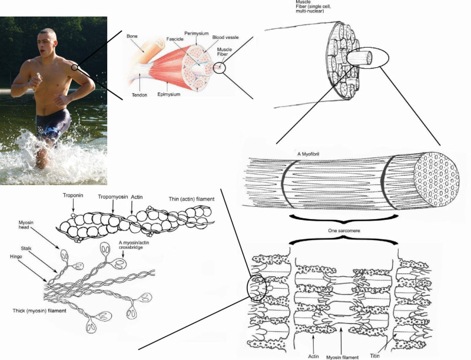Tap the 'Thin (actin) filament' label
[x=191, y=200]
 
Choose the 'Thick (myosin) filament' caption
[x=39, y=310]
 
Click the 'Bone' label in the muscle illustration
[x=133, y=37]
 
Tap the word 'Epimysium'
[x=170, y=93]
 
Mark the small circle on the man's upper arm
[x=75, y=68]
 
